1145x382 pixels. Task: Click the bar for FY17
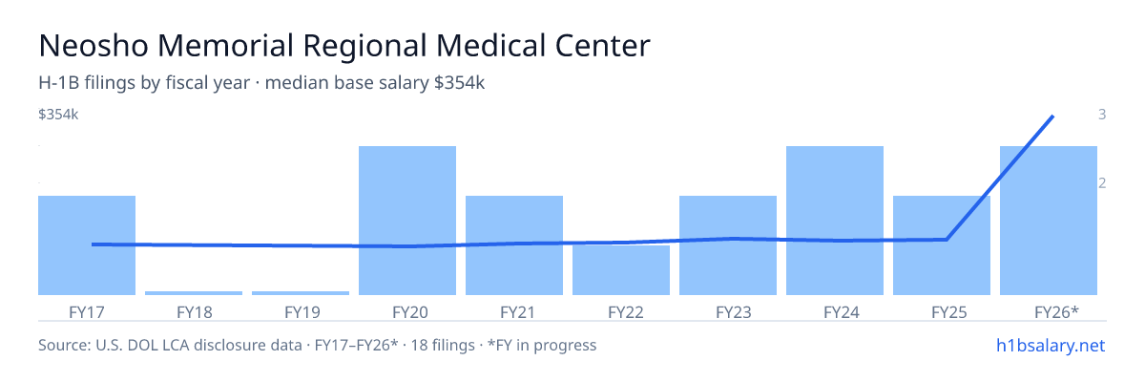click(87, 245)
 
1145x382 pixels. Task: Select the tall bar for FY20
click(407, 221)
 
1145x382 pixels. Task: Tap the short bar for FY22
click(621, 270)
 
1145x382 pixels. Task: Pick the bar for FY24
click(835, 221)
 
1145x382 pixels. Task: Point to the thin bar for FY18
click(194, 293)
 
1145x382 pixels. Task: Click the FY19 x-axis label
click(302, 312)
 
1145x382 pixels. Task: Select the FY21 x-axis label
click(517, 312)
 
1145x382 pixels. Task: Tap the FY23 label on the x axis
click(734, 312)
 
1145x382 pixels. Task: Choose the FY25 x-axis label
click(949, 312)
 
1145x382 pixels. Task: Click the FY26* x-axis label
click(1056, 312)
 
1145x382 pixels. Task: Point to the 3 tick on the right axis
click(1102, 115)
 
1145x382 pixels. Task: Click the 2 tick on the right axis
click(1102, 183)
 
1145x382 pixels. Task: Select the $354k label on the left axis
click(58, 115)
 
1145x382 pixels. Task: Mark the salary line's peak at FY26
click(1052, 117)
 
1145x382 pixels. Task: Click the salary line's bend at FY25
click(947, 240)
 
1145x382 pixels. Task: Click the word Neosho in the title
click(94, 46)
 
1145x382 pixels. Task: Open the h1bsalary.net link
click(1051, 345)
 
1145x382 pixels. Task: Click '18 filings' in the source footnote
click(443, 345)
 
